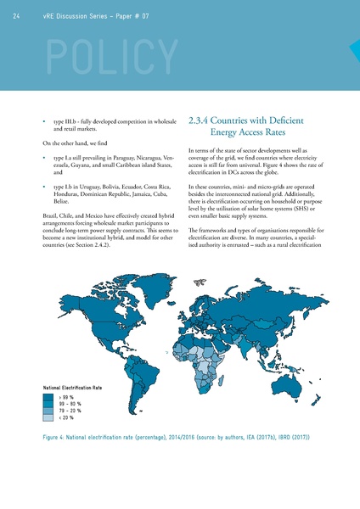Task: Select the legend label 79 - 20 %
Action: coord(70,410)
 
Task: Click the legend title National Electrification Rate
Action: coord(72,387)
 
